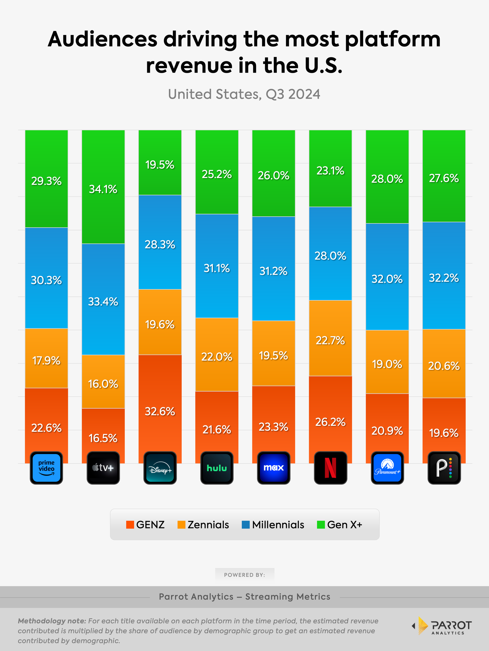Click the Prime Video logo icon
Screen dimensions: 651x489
(x=46, y=468)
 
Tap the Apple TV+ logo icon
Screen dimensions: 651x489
(x=103, y=468)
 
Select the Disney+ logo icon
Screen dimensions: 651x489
(x=160, y=468)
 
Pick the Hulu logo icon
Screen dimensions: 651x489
(x=217, y=468)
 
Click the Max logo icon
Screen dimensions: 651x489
(x=273, y=468)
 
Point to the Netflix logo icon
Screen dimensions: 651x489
(x=331, y=468)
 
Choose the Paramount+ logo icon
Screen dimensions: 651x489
(x=387, y=468)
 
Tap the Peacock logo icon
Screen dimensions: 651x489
(x=444, y=468)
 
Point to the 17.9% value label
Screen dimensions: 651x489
(x=46, y=360)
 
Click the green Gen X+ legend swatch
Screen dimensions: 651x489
(x=321, y=525)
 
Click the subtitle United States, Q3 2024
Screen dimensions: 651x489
(x=244, y=94)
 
